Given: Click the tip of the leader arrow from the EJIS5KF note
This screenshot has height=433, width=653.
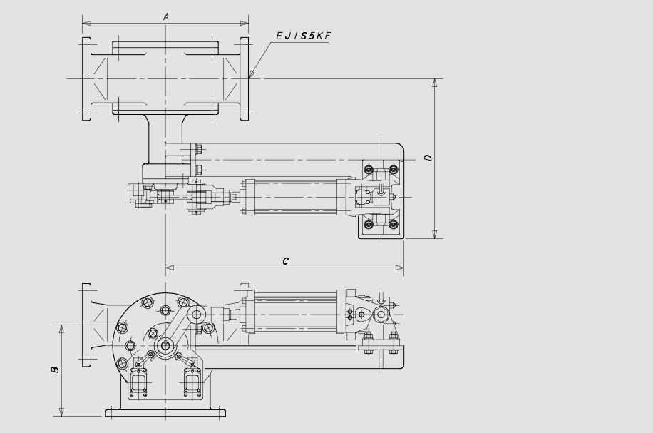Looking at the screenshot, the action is tap(249, 78).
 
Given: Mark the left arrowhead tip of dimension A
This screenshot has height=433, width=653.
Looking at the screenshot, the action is tap(83, 23).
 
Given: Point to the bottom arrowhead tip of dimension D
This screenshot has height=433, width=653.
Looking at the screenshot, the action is tap(435, 238).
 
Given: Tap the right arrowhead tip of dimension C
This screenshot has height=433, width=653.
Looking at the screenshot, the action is tap(403, 268).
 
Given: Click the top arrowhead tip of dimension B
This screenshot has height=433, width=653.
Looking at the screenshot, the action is tap(61, 325).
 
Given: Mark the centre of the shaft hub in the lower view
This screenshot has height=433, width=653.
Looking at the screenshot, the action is tap(166, 345).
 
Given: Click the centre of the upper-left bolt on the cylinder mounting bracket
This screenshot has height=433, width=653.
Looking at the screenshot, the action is tap(368, 169).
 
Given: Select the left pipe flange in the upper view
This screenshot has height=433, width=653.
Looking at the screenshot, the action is tap(86, 78).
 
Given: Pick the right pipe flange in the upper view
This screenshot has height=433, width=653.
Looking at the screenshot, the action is tap(244, 78).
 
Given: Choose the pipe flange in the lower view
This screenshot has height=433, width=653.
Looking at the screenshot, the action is tap(86, 325).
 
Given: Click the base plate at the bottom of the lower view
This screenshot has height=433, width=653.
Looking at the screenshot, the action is tap(165, 413).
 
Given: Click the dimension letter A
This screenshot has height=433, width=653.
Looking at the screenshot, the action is tap(166, 16).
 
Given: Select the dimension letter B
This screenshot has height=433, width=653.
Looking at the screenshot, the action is tap(55, 370).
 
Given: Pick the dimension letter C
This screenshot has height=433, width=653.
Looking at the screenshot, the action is tap(285, 261).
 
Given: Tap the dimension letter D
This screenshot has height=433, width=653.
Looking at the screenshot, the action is tap(428, 158).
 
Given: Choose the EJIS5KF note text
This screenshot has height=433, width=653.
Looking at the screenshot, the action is tap(303, 36).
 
